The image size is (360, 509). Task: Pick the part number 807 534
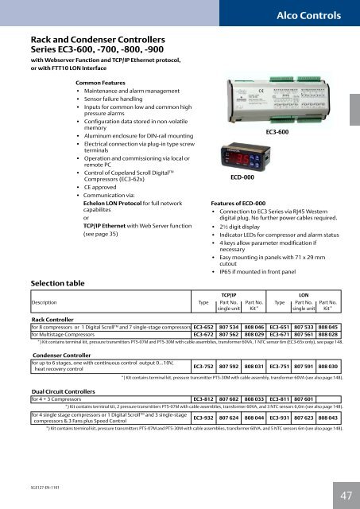229,304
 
